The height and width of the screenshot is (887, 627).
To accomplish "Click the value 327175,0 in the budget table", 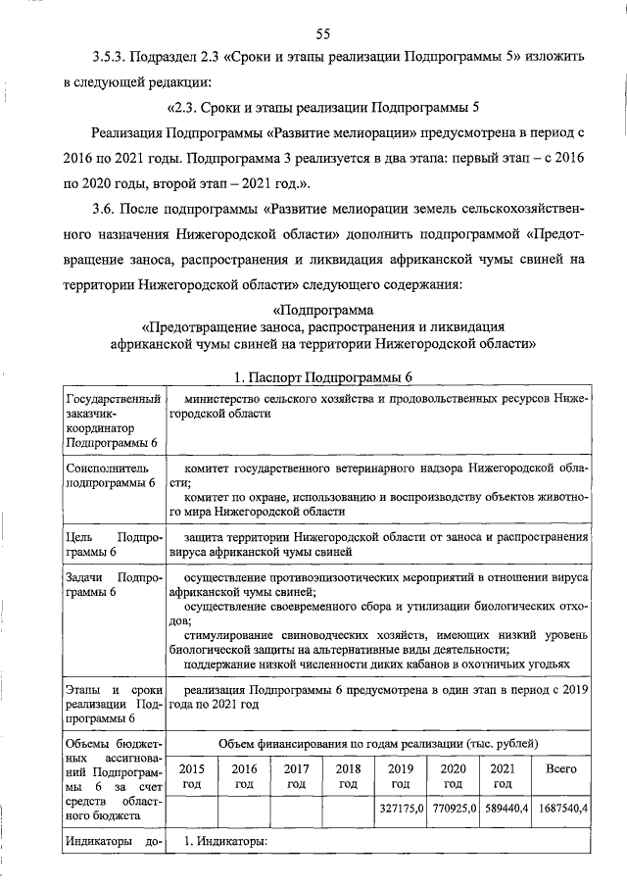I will click(x=399, y=809).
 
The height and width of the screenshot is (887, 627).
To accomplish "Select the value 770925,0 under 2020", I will click(x=452, y=809).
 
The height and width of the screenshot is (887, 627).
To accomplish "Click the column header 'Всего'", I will click(x=559, y=769).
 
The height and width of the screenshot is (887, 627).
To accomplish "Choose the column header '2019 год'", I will click(x=399, y=776).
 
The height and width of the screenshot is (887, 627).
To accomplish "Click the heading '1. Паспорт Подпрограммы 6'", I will click(x=312, y=378).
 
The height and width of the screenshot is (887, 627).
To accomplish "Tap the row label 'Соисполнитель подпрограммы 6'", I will click(x=110, y=476).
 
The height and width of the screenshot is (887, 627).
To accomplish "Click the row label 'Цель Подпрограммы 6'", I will click(x=110, y=545).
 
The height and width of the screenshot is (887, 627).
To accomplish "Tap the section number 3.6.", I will click(x=105, y=235).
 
